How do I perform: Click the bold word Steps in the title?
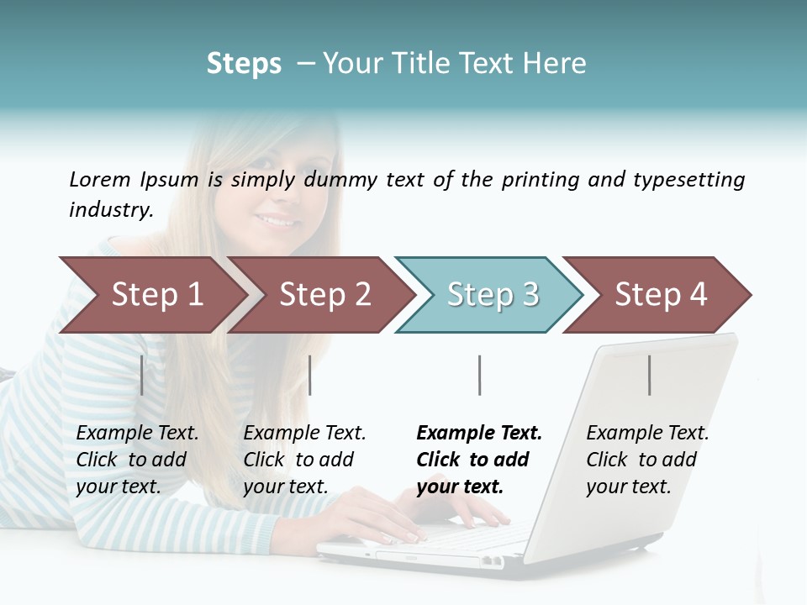[x=244, y=64]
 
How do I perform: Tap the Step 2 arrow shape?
[x=323, y=295]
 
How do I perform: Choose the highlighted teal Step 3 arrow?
[x=491, y=295]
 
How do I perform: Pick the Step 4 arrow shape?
[x=659, y=295]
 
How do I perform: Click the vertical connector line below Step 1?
[x=142, y=375]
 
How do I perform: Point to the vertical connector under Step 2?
[x=310, y=375]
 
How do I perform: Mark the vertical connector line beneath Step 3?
[x=479, y=375]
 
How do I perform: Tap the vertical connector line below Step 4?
[x=649, y=375]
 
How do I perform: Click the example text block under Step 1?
[x=137, y=460]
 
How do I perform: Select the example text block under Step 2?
[x=304, y=460]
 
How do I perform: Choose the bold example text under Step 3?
[x=479, y=460]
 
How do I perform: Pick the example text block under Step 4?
[x=647, y=460]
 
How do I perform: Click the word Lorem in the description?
[x=100, y=179]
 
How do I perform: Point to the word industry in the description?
[x=111, y=209]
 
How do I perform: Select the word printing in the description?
[x=537, y=180]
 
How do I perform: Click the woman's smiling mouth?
[x=277, y=220]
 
